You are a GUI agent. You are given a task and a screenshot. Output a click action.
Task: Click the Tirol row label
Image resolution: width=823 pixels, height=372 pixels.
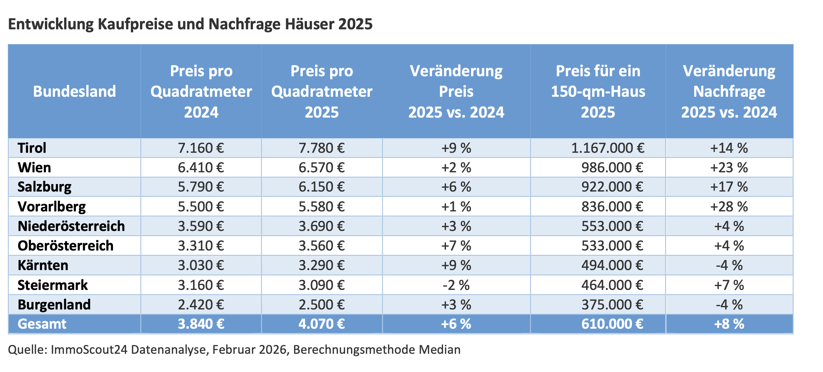(32, 148)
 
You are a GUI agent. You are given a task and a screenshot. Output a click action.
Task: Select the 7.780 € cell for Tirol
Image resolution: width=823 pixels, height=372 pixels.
(322, 148)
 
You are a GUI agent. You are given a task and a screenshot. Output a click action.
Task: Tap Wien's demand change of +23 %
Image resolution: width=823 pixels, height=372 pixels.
(729, 168)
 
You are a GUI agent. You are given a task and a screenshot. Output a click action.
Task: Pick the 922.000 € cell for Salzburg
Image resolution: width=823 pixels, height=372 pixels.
(612, 187)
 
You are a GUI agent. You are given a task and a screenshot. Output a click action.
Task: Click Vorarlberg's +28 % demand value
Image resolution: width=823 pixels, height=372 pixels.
(729, 207)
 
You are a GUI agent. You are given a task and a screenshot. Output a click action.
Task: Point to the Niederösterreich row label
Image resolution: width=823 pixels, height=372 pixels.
(71, 226)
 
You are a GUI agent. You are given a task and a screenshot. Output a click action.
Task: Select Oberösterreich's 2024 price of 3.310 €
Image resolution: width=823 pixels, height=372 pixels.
(201, 246)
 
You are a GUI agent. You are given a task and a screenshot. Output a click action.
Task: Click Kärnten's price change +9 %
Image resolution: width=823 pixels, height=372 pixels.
(456, 265)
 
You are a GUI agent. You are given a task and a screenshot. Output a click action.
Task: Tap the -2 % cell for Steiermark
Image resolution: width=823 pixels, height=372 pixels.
(456, 285)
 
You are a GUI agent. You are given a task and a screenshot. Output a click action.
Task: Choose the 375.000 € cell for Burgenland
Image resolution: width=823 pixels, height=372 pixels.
(612, 305)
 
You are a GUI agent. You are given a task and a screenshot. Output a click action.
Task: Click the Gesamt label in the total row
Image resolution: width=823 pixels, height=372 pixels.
(42, 324)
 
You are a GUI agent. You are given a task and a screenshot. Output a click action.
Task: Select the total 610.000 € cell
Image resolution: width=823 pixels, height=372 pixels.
(612, 324)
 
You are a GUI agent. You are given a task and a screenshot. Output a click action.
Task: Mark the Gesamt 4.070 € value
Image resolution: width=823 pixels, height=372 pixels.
(322, 324)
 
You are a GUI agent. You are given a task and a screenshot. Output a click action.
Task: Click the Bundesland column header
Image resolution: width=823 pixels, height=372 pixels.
(75, 92)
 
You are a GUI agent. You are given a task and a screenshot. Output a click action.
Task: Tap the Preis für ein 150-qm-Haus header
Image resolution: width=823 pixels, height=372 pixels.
(598, 92)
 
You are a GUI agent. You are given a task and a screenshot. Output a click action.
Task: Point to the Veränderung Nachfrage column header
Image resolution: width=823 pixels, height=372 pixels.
(729, 92)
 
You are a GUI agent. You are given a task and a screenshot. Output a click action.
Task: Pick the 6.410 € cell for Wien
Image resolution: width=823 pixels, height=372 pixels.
(201, 168)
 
